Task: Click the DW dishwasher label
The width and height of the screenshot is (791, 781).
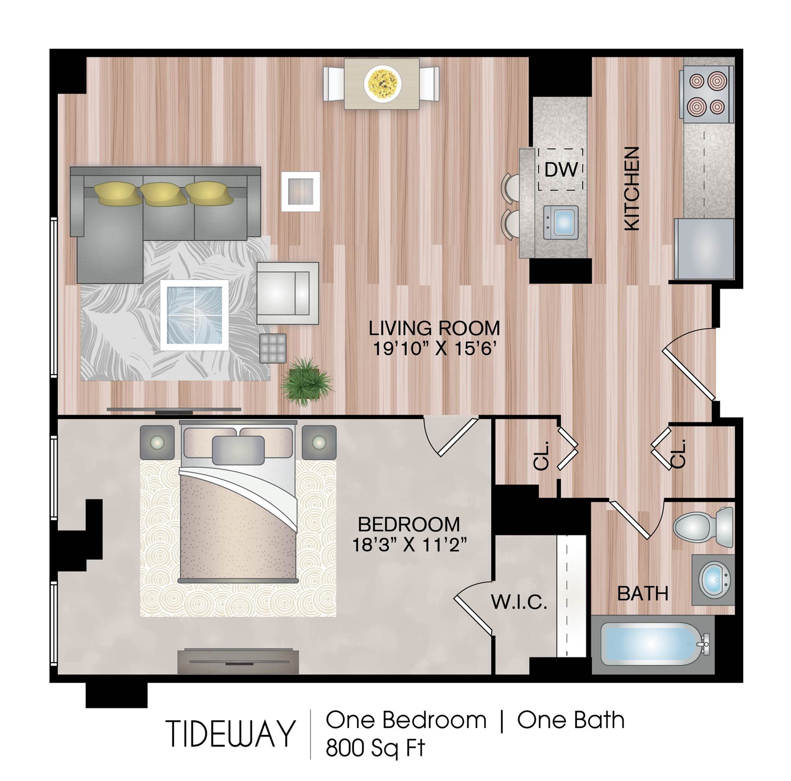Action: pyautogui.click(x=561, y=169)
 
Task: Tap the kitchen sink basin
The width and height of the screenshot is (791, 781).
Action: pyautogui.click(x=561, y=222)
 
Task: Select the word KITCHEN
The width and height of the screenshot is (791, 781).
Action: pyautogui.click(x=632, y=188)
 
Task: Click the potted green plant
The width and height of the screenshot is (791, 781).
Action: pyautogui.click(x=307, y=382)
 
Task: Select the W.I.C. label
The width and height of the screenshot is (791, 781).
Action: pyautogui.click(x=519, y=602)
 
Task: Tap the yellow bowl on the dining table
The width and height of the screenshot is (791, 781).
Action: pyautogui.click(x=382, y=83)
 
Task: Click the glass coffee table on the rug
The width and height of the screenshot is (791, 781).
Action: pyautogui.click(x=195, y=315)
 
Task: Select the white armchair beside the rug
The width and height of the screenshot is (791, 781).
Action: pyautogui.click(x=287, y=293)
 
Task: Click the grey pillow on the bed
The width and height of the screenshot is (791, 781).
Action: pyautogui.click(x=238, y=450)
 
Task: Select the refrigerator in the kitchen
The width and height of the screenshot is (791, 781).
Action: pyautogui.click(x=704, y=248)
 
